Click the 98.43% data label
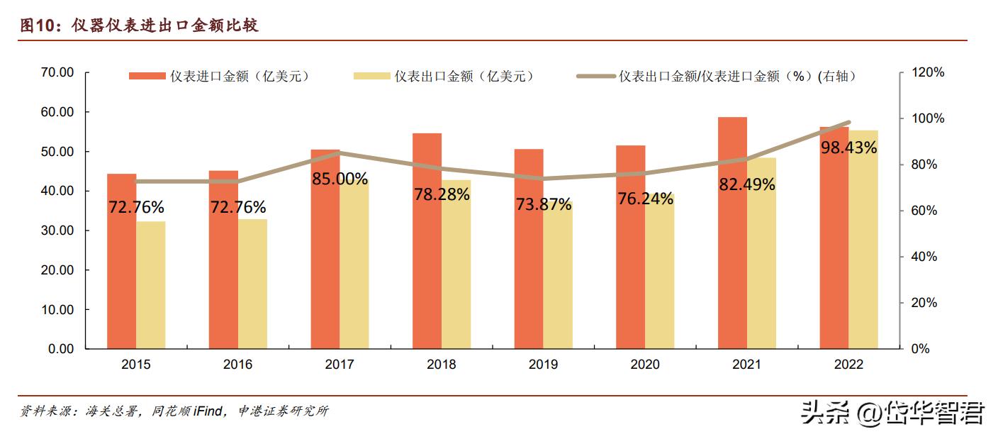click(848, 148)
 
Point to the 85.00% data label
click(340, 179)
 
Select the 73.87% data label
click(543, 205)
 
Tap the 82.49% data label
click(746, 184)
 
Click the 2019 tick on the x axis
click(543, 365)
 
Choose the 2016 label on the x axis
click(237, 365)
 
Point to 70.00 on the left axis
click(57, 72)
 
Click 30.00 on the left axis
click(57, 230)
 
